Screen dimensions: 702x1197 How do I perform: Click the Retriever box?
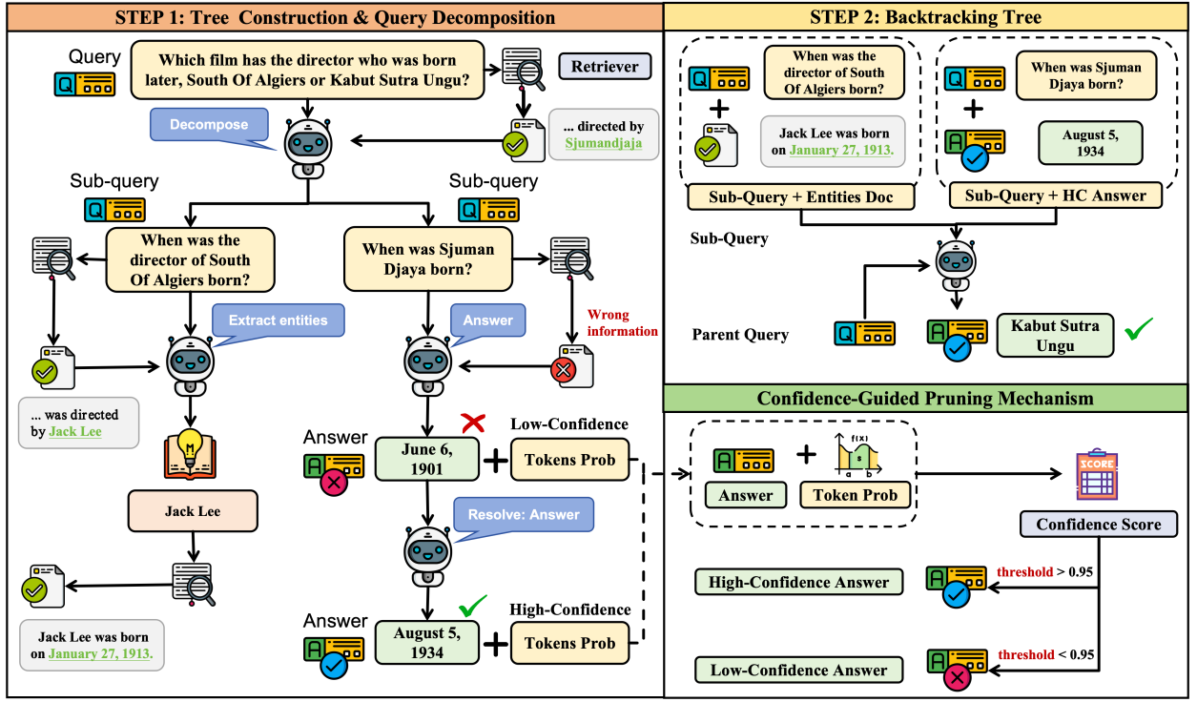605,67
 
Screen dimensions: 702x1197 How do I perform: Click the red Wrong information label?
622,323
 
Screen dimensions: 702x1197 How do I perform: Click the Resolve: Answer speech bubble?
524,515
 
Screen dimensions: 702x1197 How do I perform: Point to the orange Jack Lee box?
193,511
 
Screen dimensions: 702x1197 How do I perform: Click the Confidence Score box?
1098,524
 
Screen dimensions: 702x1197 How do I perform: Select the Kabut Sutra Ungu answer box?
1055,335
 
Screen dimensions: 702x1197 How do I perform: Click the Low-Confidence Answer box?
798,670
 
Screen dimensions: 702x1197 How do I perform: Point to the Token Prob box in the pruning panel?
855,495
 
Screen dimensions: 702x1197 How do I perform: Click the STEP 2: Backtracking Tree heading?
927,17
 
